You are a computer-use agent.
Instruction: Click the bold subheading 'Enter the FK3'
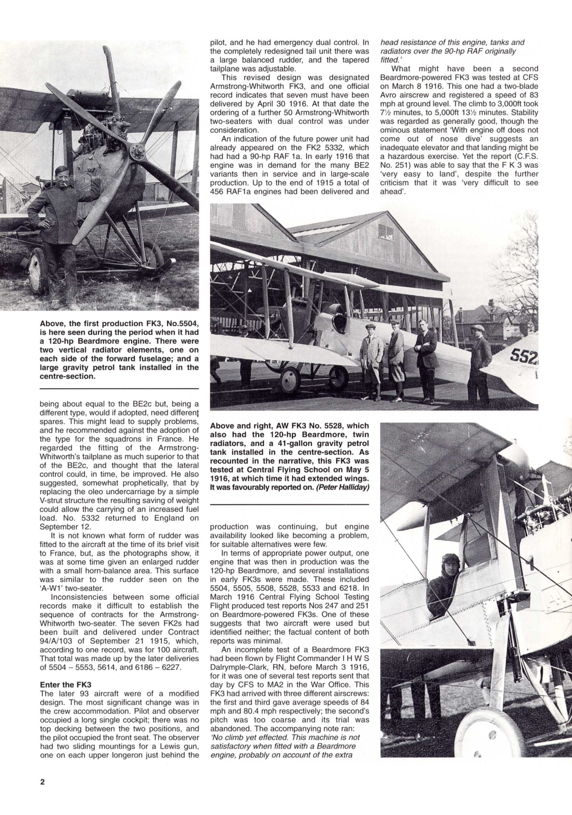pos(66,685)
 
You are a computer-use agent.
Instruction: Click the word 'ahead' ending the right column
pos(390,192)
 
